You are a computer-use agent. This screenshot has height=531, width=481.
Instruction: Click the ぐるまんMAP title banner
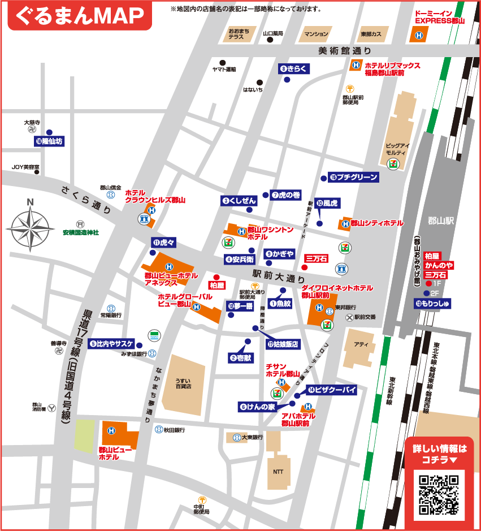coord(79,16)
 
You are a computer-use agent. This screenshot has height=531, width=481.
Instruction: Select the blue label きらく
coord(294,69)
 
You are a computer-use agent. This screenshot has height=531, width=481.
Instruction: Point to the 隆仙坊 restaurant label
coord(49,141)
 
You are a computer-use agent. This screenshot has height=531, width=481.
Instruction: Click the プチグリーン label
coord(353,177)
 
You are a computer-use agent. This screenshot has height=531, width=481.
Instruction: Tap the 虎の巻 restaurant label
coord(286,195)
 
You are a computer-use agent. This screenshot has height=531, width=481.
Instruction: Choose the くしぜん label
coord(240,200)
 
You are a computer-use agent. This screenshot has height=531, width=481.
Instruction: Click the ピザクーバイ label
coord(331,390)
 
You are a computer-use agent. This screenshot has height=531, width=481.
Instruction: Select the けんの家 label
coord(257,407)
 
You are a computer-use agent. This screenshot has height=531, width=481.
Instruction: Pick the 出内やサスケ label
coord(111,343)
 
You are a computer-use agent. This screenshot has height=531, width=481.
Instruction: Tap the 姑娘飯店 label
coord(283,344)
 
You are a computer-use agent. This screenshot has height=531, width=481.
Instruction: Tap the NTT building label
coord(278,471)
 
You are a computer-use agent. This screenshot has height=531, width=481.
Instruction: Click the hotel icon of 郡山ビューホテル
coord(111,431)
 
